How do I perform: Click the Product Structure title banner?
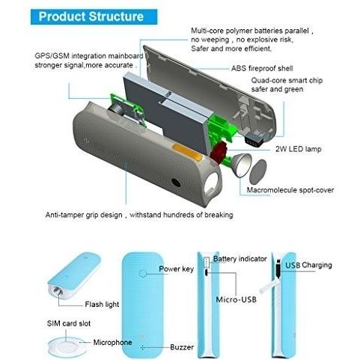[94, 16]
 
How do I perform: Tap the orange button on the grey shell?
[187, 153]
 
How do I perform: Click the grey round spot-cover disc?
[258, 172]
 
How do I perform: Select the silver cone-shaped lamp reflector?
[242, 165]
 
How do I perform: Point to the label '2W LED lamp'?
[299, 149]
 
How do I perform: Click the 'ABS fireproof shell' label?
[262, 68]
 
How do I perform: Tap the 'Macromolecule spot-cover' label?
[290, 190]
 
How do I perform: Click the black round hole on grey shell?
[176, 183]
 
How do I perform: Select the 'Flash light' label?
[102, 305]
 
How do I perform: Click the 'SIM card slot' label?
[69, 323]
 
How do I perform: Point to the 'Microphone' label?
[112, 342]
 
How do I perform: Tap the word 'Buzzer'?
[182, 347]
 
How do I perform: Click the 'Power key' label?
[176, 269]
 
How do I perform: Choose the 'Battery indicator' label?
[240, 259]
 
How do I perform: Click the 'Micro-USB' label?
[236, 299]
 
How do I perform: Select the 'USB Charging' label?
[308, 265]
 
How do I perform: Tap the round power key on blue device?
[143, 273]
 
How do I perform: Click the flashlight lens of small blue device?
[57, 291]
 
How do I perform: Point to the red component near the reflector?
[218, 152]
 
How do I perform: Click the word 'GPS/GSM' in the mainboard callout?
[52, 56]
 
